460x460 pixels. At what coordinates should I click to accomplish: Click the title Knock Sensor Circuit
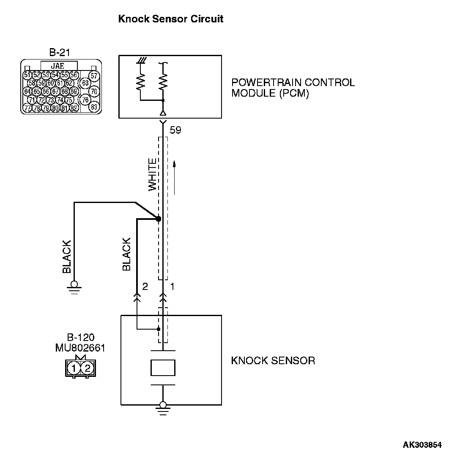coord(171,19)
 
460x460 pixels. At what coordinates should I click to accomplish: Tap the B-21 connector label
coord(59,53)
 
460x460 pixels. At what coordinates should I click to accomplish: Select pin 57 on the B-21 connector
coord(94,76)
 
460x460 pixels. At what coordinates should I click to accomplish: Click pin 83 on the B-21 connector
coord(94,107)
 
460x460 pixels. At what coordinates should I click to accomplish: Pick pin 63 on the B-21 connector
coord(85,83)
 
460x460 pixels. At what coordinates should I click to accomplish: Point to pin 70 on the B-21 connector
coord(94,91)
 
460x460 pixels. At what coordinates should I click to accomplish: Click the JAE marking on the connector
coord(58,66)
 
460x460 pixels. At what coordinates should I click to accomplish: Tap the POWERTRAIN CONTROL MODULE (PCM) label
coord(293,88)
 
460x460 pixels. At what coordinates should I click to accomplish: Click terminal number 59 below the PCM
coord(175,130)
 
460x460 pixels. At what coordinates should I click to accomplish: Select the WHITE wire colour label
coord(152,175)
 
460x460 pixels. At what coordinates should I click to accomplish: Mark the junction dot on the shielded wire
coord(159,219)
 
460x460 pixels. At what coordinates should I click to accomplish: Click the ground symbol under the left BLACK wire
coord(75,287)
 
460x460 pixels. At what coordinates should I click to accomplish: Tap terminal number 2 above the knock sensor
coord(145,287)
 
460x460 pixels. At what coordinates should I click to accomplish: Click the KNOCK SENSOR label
coord(273,361)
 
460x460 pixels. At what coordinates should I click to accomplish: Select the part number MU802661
coord(80,348)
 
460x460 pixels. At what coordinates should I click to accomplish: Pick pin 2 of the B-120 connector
coord(87,368)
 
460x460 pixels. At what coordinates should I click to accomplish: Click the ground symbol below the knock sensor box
coord(162,408)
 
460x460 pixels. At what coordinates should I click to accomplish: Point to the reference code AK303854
coord(422,445)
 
